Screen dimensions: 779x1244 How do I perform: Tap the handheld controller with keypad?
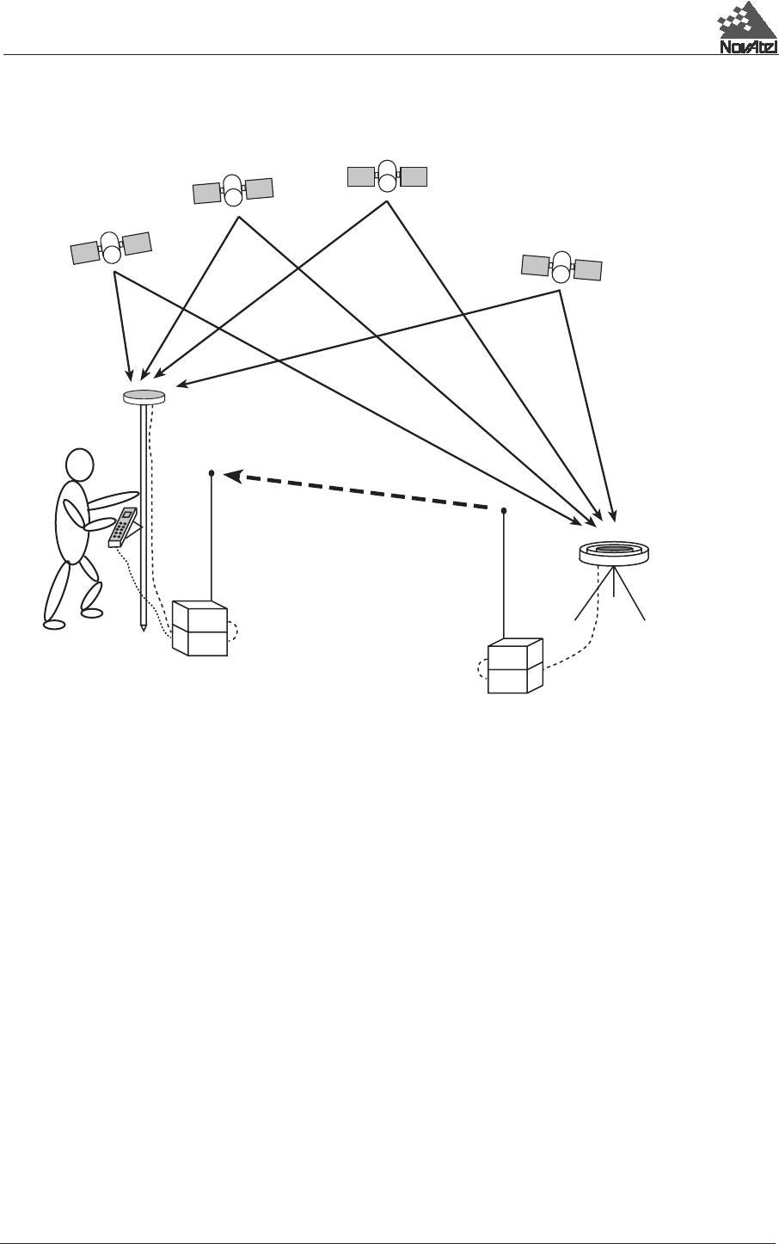[123, 527]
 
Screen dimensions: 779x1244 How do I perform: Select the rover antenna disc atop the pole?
[144, 396]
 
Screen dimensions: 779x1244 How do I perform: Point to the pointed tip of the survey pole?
[144, 629]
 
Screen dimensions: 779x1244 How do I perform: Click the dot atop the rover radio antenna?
[212, 472]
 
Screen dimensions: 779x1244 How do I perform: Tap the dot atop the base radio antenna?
[504, 510]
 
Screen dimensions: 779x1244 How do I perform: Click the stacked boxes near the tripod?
[515, 666]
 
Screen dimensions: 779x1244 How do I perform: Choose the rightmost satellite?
[561, 267]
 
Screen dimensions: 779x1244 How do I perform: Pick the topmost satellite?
[387, 176]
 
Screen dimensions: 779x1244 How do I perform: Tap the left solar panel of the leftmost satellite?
[84, 253]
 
